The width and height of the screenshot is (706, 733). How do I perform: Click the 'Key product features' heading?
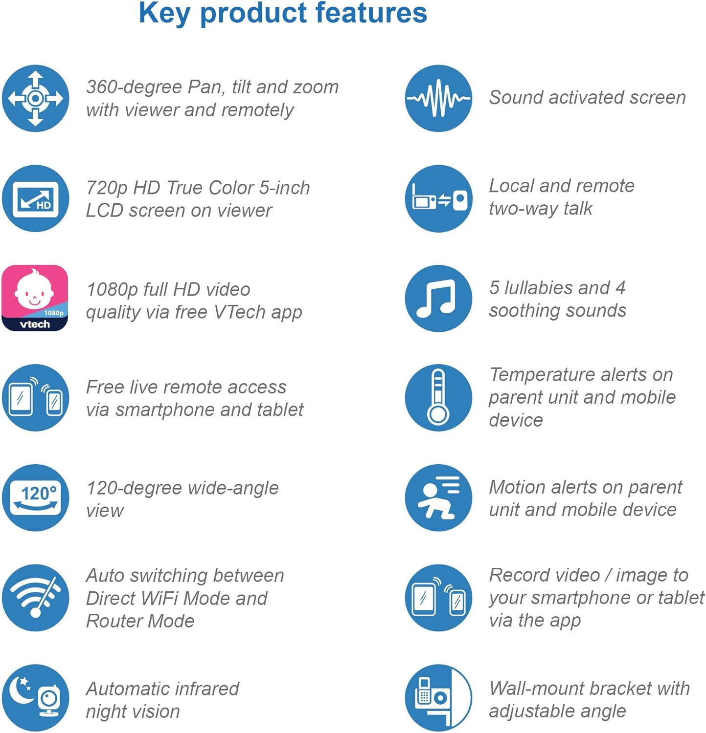283,13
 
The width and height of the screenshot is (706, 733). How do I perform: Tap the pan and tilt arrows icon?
35,99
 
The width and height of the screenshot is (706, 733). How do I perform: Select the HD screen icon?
35,199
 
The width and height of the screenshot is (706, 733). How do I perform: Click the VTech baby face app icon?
35,298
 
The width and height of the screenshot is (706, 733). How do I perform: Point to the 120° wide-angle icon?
35,498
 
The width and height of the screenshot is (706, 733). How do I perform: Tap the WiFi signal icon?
35,598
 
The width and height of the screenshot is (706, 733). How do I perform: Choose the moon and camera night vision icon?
35,698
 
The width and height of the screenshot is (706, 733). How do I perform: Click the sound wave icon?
438,99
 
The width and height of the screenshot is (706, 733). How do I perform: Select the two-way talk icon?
438,199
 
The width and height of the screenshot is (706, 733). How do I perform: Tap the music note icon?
438,299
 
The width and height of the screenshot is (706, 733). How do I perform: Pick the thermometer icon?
438,398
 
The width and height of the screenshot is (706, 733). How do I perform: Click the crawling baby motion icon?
438,498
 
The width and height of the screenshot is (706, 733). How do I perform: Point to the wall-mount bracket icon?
438,698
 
